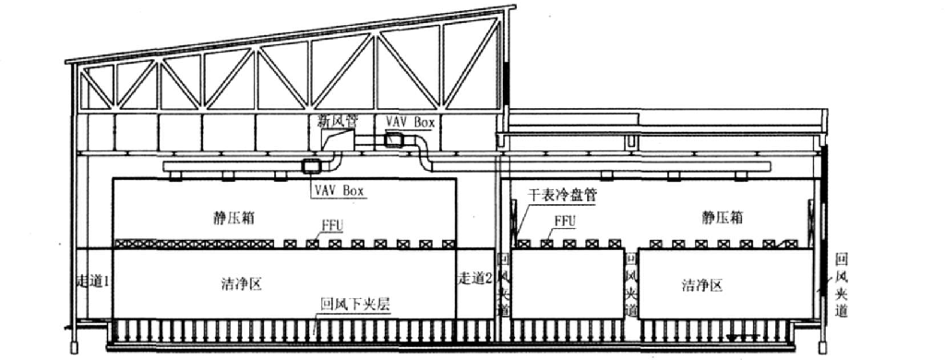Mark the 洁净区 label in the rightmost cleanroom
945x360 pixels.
click(x=700, y=285)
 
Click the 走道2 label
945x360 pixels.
click(x=476, y=278)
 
